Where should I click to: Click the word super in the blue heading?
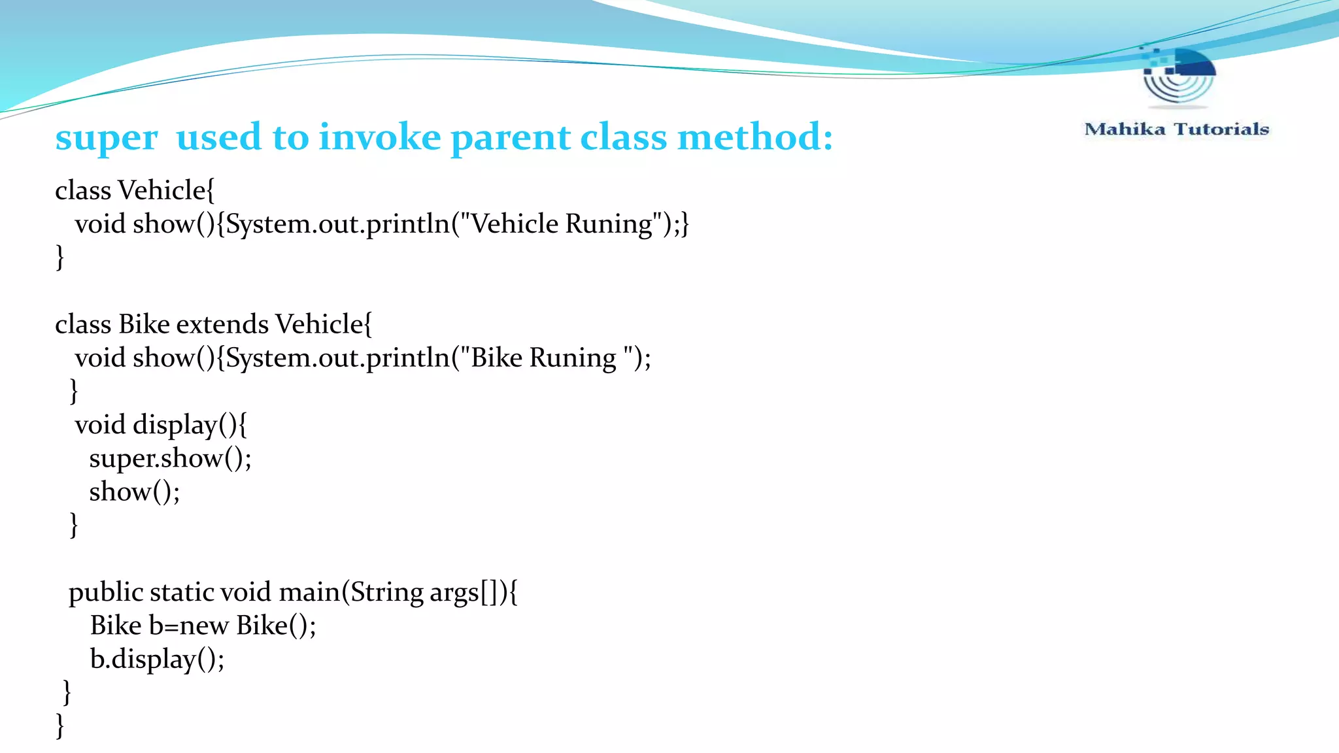[106, 139]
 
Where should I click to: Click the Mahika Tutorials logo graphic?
[1178, 77]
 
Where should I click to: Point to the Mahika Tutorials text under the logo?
[1176, 129]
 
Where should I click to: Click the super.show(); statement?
[170, 458]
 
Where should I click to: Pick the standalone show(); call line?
[134, 492]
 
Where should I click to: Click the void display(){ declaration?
[161, 425]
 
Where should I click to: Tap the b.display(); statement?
[157, 659]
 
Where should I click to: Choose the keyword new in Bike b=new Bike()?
[203, 626]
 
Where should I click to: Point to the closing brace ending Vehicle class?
[60, 257]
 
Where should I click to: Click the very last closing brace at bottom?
[60, 726]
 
